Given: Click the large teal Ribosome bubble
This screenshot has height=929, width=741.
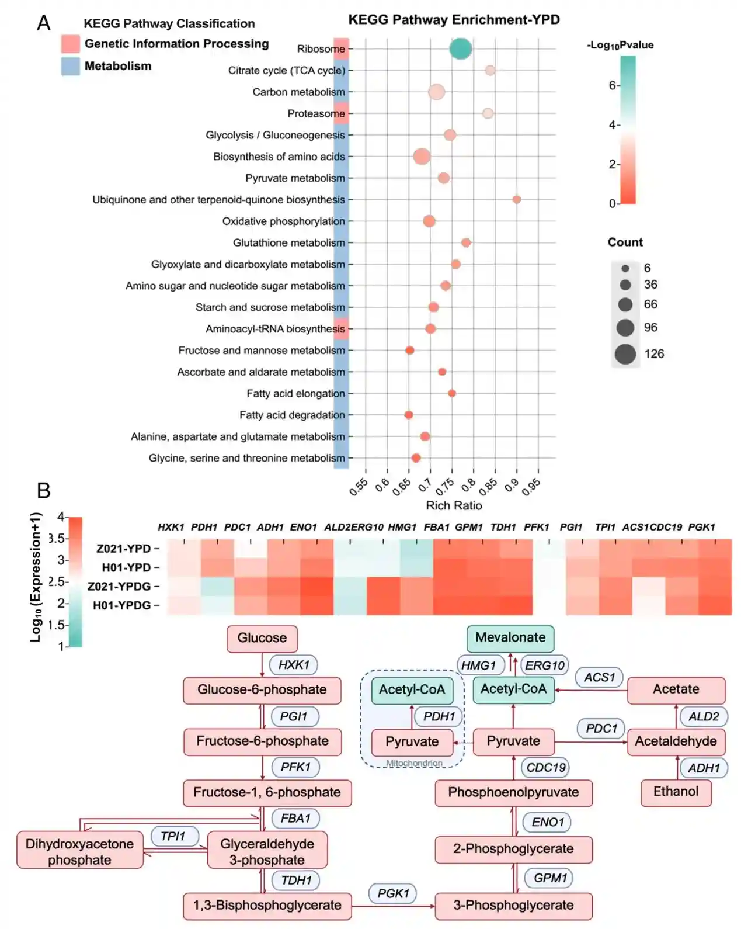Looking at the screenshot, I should click(x=460, y=48).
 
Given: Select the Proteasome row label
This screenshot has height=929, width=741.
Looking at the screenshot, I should click(x=316, y=113).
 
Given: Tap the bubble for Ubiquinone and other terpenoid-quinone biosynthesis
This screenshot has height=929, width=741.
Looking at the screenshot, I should click(x=516, y=200).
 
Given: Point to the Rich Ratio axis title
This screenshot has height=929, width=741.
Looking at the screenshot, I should click(x=454, y=505).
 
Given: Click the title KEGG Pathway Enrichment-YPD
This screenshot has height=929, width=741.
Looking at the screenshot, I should click(x=454, y=20).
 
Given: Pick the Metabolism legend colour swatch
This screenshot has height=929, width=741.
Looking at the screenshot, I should click(x=70, y=66).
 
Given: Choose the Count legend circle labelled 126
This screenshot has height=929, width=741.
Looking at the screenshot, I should click(x=625, y=353).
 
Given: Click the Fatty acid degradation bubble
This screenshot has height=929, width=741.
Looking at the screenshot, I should click(x=409, y=415).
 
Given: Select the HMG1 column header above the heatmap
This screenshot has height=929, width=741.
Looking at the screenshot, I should click(x=402, y=527).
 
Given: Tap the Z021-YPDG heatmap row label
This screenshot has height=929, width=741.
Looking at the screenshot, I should click(x=119, y=586).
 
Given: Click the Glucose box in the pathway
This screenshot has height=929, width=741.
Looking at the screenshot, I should click(x=262, y=638).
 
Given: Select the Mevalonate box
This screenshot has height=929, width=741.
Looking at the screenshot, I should click(x=510, y=637).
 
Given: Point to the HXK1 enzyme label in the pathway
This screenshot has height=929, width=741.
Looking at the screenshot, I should click(x=293, y=665).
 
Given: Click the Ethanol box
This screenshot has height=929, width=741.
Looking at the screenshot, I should click(x=676, y=792).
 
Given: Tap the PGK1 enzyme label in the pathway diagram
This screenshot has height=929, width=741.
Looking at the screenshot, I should click(x=393, y=893).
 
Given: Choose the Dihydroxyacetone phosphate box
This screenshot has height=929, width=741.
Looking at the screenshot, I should click(x=79, y=852).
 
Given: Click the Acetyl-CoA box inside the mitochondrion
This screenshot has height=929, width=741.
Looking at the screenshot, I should click(x=412, y=690).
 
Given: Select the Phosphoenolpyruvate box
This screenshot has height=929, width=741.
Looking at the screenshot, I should click(x=513, y=792).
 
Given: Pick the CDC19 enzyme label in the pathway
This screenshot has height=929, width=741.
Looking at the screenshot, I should click(x=545, y=768).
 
